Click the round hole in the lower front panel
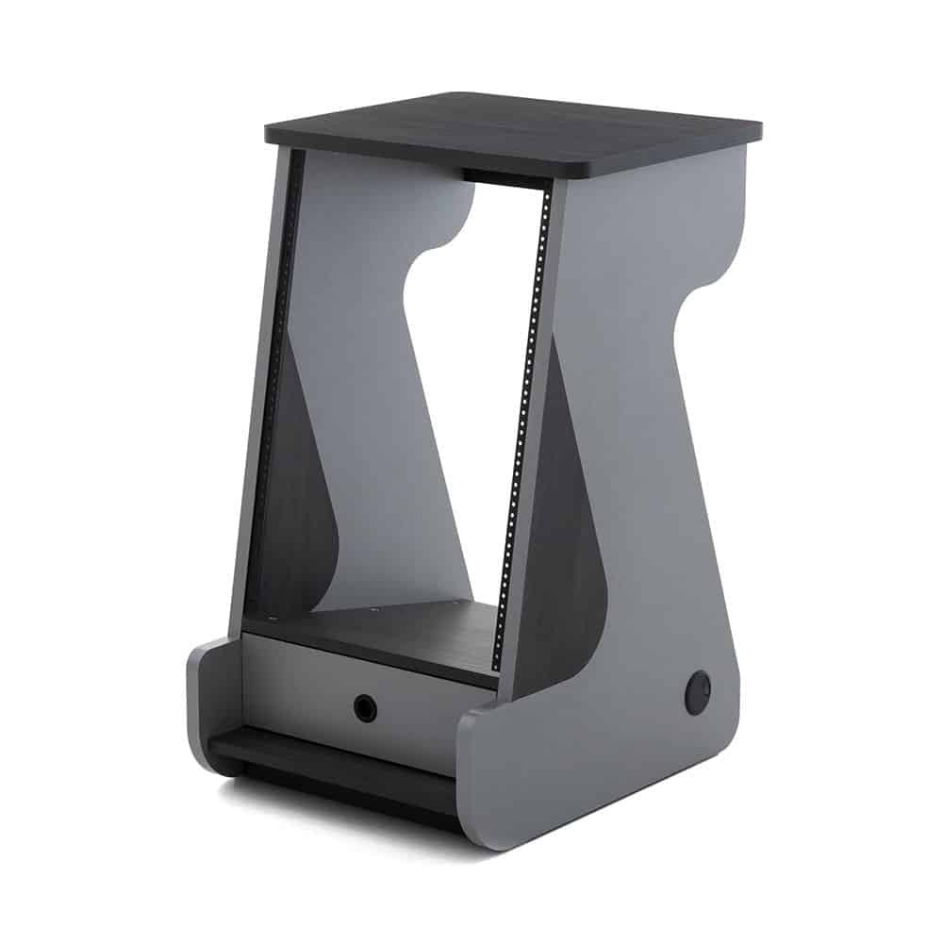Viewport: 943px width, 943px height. (x=365, y=707)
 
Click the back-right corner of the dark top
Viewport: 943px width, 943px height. (x=754, y=128)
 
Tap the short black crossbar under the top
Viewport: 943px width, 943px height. (x=505, y=178)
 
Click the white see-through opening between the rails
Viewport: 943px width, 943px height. (x=471, y=377)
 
